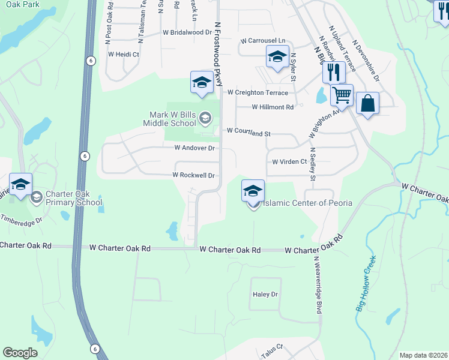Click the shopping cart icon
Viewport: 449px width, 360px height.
pos(342,94)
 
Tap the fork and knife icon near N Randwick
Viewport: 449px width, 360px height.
pos(333,72)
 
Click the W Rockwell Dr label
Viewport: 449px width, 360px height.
pos(193,175)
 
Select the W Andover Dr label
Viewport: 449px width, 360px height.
pos(194,148)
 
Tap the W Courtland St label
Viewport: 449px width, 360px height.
pos(249,131)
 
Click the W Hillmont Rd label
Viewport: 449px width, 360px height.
pos(273,107)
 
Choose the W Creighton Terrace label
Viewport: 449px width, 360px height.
pos(258,92)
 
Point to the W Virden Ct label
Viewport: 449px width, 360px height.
pos(289,161)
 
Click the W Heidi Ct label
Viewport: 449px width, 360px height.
pos(124,54)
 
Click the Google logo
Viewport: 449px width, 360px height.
pos(20,353)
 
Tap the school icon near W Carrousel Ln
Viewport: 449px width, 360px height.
pos(277,58)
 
